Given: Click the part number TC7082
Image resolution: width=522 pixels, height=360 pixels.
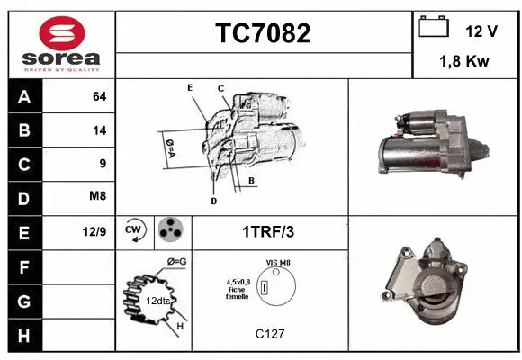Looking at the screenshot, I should (264, 33).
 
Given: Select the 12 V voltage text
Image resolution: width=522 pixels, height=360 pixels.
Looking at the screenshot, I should (481, 31).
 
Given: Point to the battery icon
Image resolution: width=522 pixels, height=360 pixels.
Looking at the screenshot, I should (435, 28).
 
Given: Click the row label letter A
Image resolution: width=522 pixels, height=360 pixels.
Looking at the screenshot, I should (24, 96).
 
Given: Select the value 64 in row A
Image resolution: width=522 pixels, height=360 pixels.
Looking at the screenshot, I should (99, 96).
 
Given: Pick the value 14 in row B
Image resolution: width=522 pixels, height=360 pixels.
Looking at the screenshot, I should (99, 130).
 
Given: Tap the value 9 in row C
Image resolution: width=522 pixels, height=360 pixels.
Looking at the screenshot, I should (103, 163).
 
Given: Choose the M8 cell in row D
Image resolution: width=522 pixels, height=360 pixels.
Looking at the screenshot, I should (98, 197).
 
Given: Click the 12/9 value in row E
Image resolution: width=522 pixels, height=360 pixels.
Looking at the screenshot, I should (94, 231).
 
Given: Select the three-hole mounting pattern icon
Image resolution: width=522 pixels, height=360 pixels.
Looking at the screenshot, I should (169, 230).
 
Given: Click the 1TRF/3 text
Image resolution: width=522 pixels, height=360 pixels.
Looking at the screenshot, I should (268, 231).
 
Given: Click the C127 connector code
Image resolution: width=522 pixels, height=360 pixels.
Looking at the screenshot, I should (270, 334).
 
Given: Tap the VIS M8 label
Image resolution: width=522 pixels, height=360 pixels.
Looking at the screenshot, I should (278, 262).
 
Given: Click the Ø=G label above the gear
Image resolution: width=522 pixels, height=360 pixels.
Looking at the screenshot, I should (176, 262).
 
